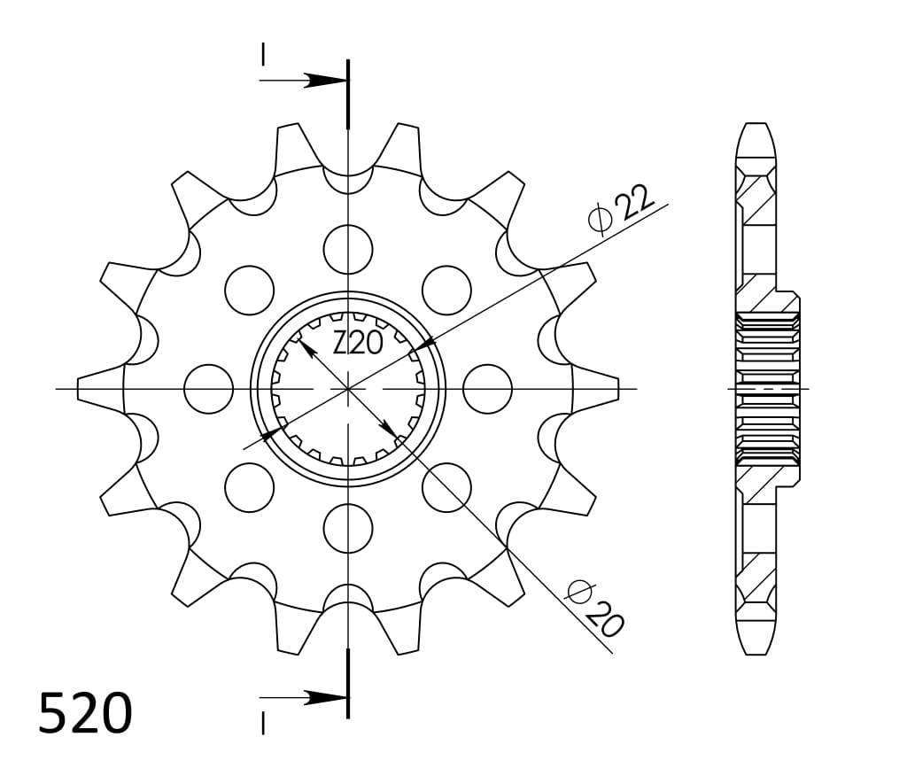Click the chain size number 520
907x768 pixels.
tap(86, 713)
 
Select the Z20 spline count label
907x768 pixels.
tap(358, 344)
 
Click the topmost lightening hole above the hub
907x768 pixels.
tap(348, 249)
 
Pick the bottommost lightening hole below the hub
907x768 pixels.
tap(348, 529)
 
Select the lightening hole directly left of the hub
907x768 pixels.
tap(208, 389)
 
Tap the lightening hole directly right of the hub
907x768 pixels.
tap(488, 389)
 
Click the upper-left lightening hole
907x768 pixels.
tap(249, 291)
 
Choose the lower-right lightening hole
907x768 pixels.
tap(446, 487)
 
